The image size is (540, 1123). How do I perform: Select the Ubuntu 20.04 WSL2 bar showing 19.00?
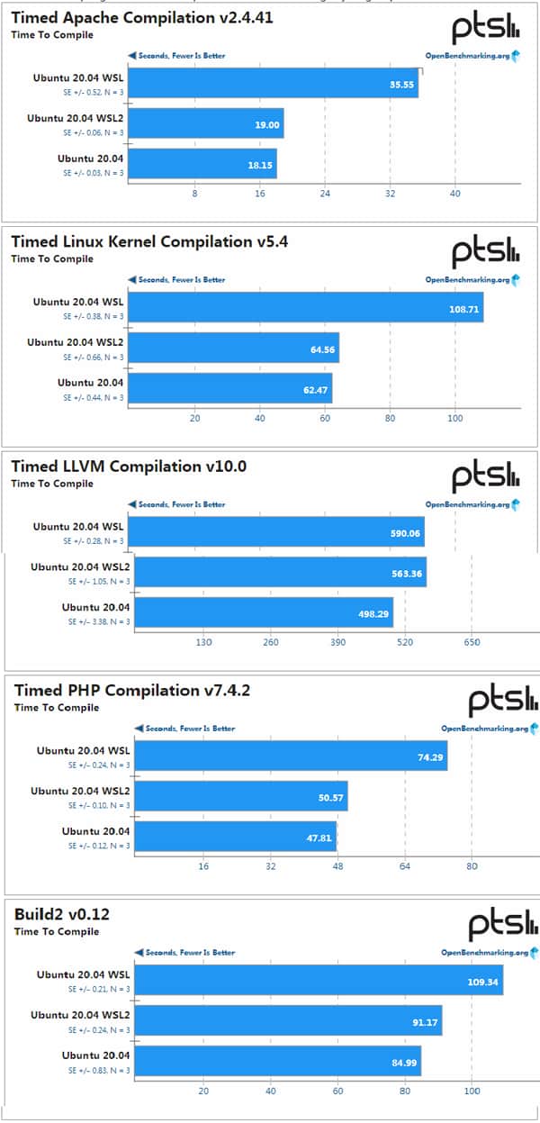[206, 124]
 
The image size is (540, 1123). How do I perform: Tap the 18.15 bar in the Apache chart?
[202, 163]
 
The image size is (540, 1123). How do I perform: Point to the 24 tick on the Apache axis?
[325, 194]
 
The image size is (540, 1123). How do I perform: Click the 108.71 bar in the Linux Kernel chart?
[306, 307]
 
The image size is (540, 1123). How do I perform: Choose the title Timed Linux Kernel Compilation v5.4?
[148, 241]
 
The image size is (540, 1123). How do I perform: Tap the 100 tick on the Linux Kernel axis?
[454, 418]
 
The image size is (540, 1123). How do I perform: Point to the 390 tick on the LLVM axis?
[337, 643]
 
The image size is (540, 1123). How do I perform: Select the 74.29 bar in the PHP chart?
[292, 756]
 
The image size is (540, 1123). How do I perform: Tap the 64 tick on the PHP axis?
[404, 866]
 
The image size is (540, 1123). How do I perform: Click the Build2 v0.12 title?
[60, 914]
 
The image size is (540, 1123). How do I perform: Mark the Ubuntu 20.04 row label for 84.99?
[95, 1055]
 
